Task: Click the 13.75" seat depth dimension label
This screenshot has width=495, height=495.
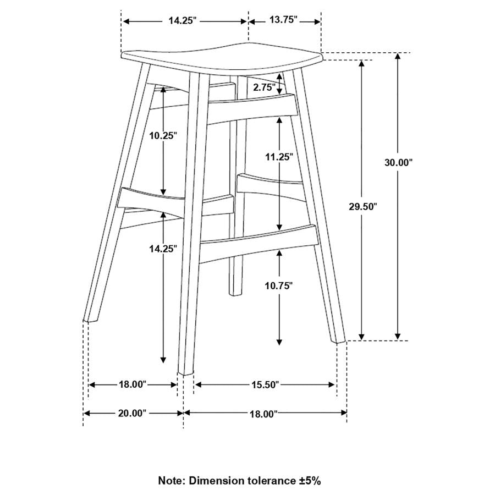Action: pos(284,20)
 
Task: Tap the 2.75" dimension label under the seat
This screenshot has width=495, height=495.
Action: pos(265,87)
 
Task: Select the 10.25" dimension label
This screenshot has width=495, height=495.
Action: pos(163,135)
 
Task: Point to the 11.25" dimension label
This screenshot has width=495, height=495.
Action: pos(279,156)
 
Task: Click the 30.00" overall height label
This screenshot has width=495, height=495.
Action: pos(398,162)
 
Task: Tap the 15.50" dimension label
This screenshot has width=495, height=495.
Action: pos(265,384)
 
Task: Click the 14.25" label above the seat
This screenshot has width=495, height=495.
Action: pos(183,20)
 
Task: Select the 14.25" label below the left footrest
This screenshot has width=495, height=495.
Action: pos(163,248)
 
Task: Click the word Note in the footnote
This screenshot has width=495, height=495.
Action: pos(172,481)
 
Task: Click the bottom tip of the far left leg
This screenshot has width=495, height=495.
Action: pos(90,318)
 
